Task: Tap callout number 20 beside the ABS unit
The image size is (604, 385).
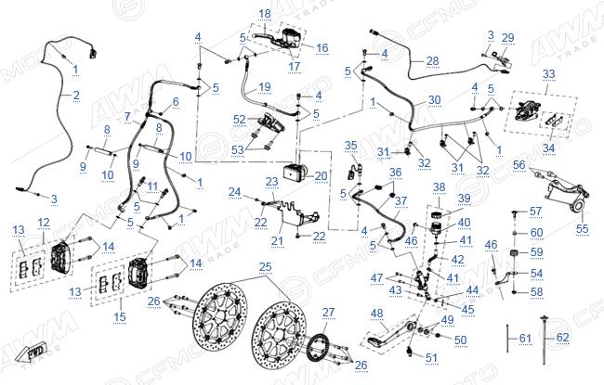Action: (x=321, y=176)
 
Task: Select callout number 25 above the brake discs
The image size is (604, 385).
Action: (x=265, y=267)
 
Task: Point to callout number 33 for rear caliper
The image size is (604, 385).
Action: (x=548, y=74)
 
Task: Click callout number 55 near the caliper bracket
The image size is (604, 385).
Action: (x=582, y=229)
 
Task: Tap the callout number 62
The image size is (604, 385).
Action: (x=562, y=338)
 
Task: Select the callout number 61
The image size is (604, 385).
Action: (x=525, y=339)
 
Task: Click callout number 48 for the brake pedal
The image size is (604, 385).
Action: (x=376, y=314)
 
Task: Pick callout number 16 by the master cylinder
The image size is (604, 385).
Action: (x=322, y=47)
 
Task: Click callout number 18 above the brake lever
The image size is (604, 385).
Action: (x=265, y=14)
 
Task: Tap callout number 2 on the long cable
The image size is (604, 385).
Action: (x=76, y=95)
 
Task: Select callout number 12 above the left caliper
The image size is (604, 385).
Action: (x=44, y=223)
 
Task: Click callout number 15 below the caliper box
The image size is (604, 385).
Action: (x=120, y=317)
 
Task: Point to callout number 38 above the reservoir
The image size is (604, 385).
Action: (x=439, y=187)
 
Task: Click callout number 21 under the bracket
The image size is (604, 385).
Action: (x=277, y=241)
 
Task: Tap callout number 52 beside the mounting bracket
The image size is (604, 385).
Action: (x=239, y=120)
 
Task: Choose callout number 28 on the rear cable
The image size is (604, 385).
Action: (x=433, y=61)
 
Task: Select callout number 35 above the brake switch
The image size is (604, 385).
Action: (x=350, y=146)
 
